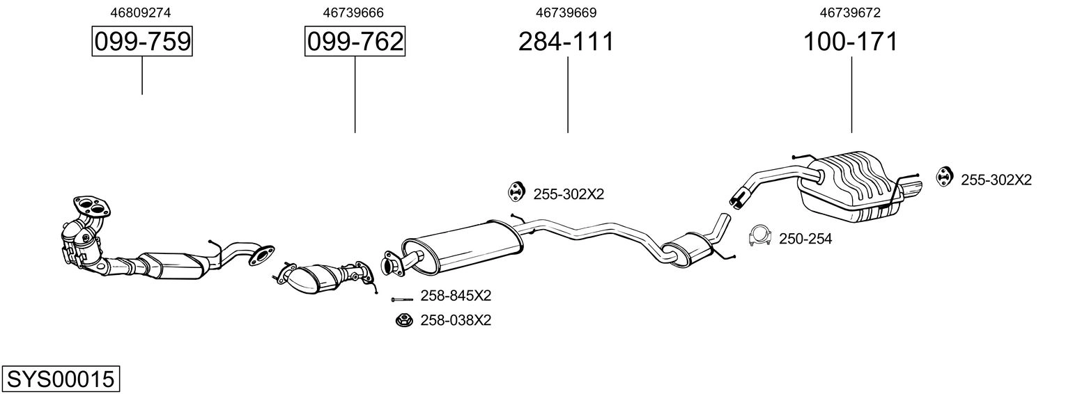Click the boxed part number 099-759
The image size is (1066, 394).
coord(142,41)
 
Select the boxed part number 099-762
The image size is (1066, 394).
coord(355,41)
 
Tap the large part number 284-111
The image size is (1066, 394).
coord(566,41)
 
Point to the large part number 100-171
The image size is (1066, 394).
coord(851,41)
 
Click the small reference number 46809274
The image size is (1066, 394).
coord(140,13)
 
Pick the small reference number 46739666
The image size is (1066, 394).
coord(353,13)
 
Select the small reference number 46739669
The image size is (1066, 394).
coord(566,13)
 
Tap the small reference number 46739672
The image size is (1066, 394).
coord(850,13)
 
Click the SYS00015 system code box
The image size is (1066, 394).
coord(61,379)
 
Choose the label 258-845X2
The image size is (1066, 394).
coord(456,296)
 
